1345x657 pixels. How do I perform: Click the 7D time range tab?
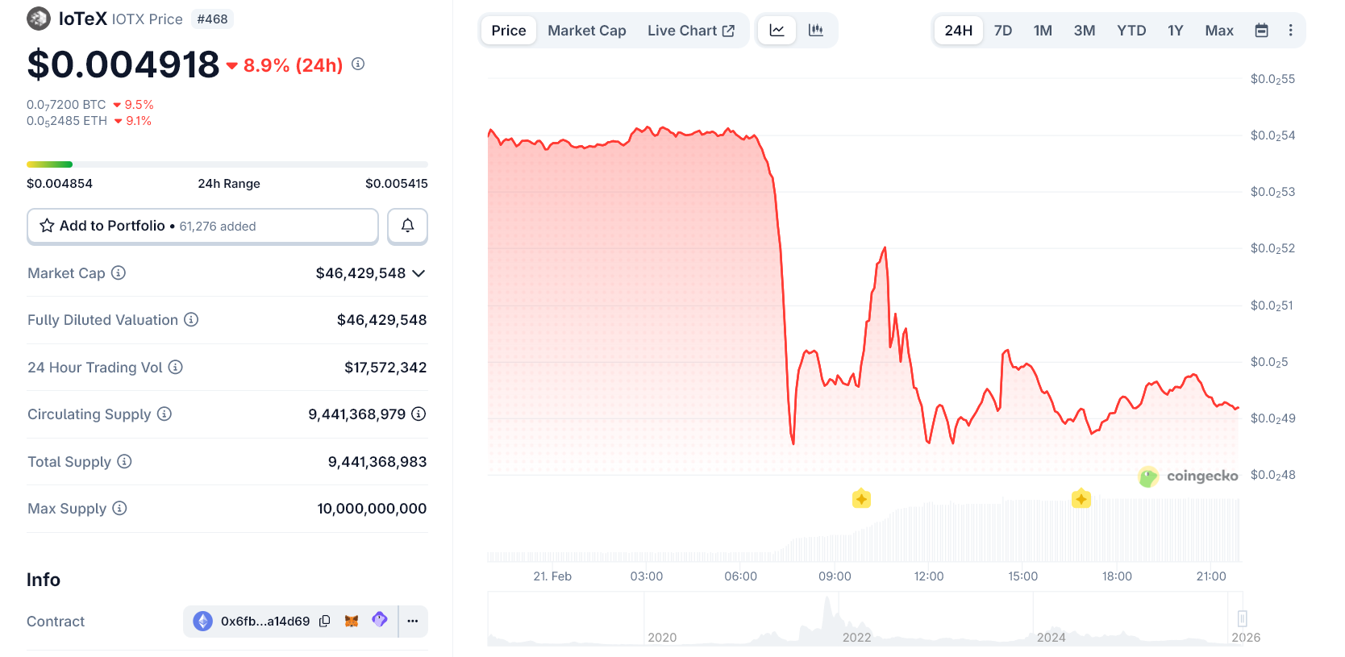click(1003, 31)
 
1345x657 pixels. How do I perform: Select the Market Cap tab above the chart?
click(586, 31)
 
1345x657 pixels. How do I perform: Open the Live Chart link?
click(690, 31)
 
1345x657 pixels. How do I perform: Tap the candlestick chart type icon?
click(816, 31)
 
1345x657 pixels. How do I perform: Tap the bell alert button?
click(407, 226)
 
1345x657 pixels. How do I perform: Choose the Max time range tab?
click(1218, 31)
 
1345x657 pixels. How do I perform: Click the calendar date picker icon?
click(1261, 31)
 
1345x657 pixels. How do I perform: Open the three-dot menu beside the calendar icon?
click(1290, 31)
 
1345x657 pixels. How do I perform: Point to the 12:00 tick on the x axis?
click(928, 576)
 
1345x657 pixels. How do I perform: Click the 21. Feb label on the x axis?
click(552, 576)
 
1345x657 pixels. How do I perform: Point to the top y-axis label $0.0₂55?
click(1272, 79)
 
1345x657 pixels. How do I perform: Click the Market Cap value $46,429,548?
click(360, 273)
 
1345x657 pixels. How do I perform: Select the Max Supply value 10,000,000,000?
click(372, 509)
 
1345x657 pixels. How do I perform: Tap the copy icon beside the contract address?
click(325, 621)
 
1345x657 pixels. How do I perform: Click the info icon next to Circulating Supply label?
click(164, 414)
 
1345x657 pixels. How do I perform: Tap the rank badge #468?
click(212, 19)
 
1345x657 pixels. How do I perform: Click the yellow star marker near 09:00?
click(861, 498)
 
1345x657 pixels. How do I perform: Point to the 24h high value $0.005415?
click(396, 184)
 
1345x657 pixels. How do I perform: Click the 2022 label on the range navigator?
click(856, 638)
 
